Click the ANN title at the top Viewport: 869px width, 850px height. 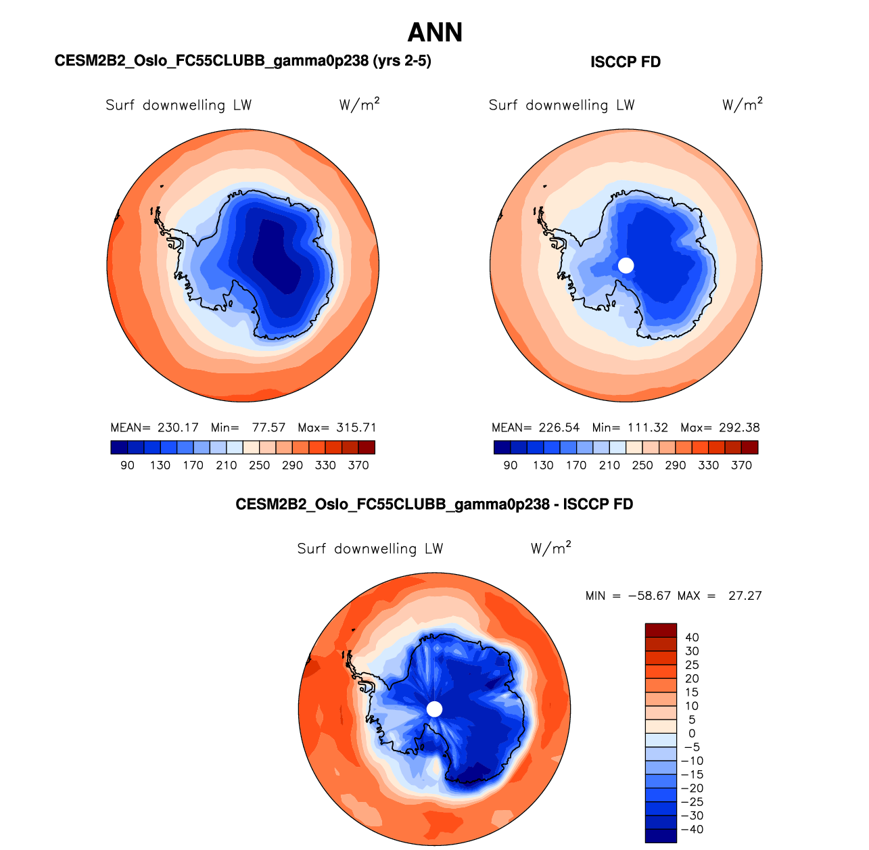[435, 32]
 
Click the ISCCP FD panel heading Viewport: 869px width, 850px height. [626, 62]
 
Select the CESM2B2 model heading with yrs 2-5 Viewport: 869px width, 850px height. [243, 61]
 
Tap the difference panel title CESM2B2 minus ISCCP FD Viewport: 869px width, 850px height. [434, 504]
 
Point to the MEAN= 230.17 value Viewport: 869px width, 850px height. [154, 427]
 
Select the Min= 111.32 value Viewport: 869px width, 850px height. [630, 427]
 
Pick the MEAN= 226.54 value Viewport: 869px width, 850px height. [536, 427]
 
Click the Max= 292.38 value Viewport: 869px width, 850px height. [720, 427]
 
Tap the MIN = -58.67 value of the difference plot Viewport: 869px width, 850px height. [628, 596]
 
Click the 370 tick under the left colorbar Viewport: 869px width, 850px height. [358, 465]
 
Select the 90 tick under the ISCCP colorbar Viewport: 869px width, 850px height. [511, 465]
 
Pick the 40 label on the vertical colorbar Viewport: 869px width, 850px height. [692, 638]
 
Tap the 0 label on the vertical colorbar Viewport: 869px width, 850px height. [692, 734]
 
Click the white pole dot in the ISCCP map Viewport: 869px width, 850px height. [626, 265]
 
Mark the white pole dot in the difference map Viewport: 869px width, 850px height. [435, 709]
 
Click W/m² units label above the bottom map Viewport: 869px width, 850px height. [551, 548]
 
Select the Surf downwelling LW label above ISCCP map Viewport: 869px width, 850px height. [561, 105]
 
